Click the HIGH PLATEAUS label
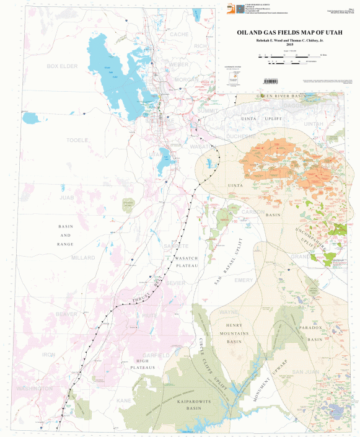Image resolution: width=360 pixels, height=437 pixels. (x=149, y=366)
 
